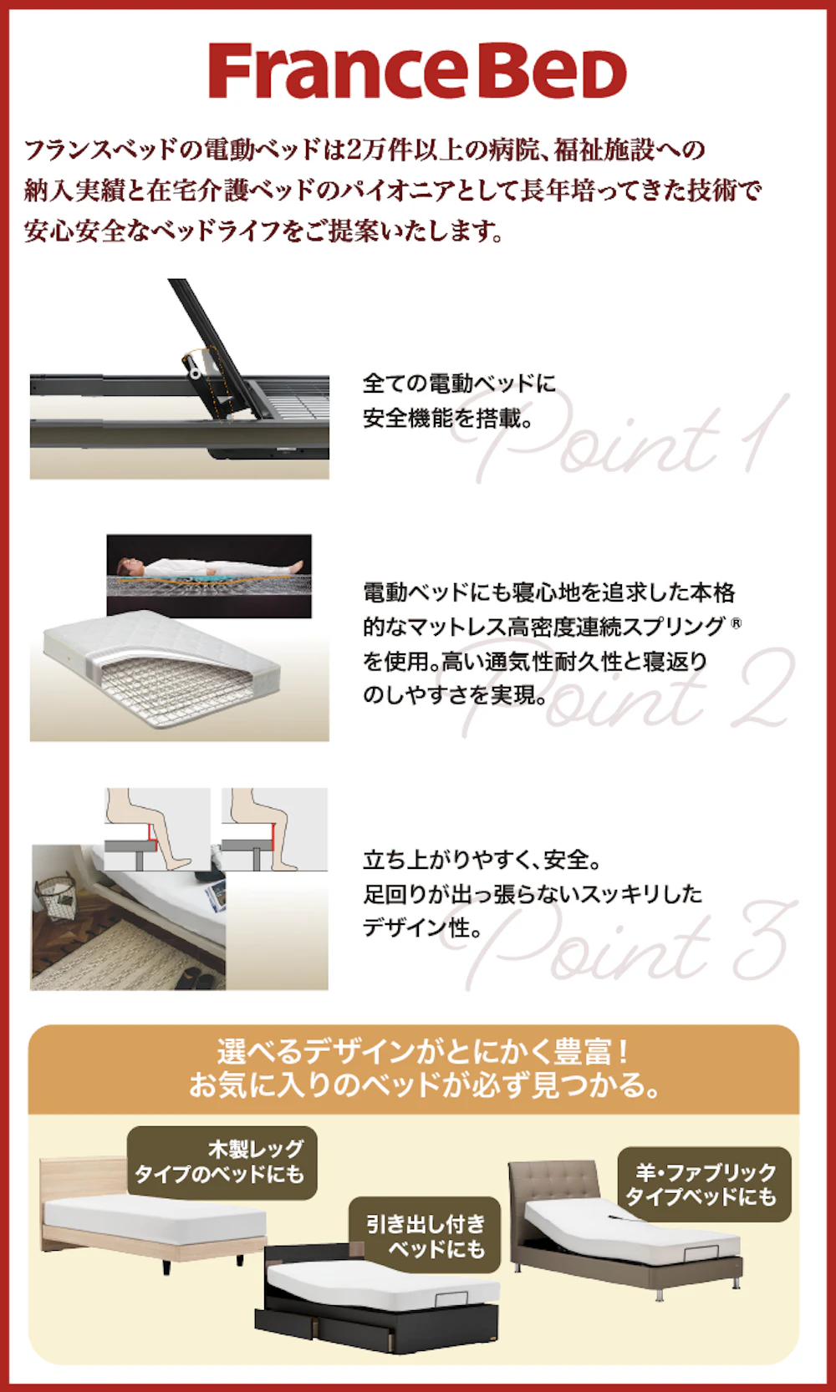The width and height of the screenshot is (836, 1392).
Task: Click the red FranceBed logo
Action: [x=417, y=71]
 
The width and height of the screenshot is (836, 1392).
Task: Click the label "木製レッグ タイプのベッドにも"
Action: [x=222, y=1162]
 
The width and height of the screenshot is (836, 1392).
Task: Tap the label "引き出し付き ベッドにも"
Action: [x=425, y=1237]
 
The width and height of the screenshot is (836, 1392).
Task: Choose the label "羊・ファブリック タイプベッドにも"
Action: [x=704, y=1185]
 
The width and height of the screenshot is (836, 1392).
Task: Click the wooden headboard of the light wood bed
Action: [x=79, y=1178]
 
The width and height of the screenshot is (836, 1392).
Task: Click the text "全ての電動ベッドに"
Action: [x=459, y=384]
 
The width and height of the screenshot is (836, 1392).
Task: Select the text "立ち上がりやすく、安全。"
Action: [x=482, y=860]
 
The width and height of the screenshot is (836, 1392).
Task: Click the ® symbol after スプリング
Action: [x=736, y=622]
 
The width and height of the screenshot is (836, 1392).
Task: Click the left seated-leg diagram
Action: [x=157, y=829]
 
